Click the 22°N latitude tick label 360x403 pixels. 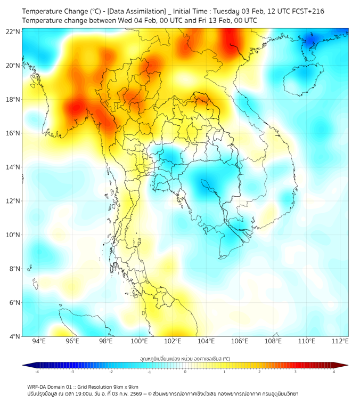(13, 31)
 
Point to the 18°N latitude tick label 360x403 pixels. (13, 99)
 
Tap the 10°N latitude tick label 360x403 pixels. (13, 235)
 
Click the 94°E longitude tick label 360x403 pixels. (39, 341)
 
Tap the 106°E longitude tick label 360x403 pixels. (240, 341)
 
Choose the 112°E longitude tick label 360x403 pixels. (340, 341)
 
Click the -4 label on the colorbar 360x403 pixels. (36, 372)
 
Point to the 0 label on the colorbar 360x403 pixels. (185, 372)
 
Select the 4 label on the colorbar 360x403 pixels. (334, 372)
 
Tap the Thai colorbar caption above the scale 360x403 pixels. (185, 359)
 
